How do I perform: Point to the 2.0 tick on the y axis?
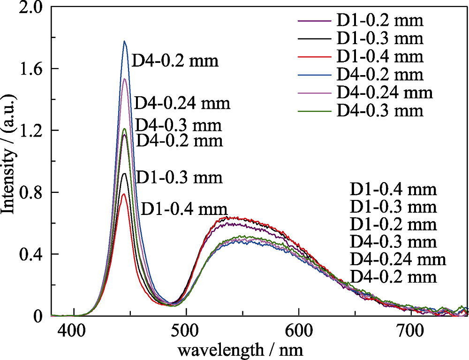tap(32, 7)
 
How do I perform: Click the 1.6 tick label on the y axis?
tap(32, 69)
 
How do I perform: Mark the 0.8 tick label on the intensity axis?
tap(32, 192)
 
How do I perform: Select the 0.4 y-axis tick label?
tap(32, 254)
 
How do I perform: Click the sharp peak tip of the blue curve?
tap(125, 41)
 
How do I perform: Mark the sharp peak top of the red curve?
tap(124, 194)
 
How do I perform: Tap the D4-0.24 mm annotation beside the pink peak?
tap(182, 103)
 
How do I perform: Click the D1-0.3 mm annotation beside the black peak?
tap(179, 178)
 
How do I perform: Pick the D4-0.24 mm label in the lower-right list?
tap(398, 259)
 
